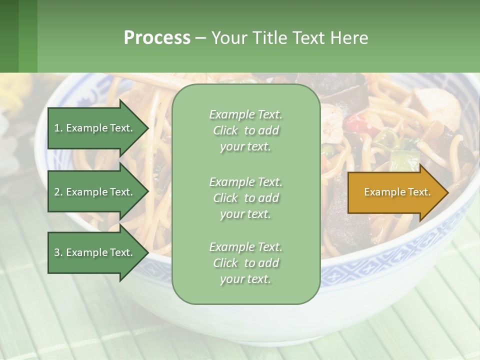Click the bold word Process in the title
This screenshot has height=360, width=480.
(157, 38)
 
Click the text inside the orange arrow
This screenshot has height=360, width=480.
(397, 192)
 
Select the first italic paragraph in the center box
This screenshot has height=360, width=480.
(245, 130)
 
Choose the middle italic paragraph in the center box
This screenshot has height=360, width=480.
(245, 198)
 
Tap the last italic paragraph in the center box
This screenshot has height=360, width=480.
(245, 263)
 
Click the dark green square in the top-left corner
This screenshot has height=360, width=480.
(9, 36)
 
